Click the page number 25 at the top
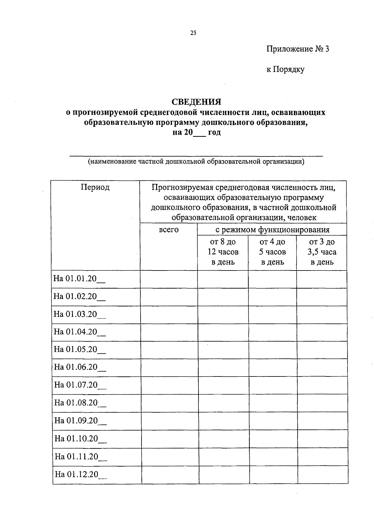[193, 33]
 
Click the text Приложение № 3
[298, 49]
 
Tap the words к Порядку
[285, 69]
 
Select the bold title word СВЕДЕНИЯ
[196, 102]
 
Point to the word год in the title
[214, 132]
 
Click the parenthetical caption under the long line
[196, 161]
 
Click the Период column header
[95, 187]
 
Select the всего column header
[169, 230]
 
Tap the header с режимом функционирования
[272, 230]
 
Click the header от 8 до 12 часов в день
[223, 252]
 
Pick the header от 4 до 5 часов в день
[272, 252]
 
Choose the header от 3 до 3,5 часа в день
[322, 252]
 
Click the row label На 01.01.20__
[79, 279]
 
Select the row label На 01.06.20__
[80, 367]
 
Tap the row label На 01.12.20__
[81, 475]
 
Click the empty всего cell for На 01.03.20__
[169, 314]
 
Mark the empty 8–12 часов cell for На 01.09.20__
[223, 421]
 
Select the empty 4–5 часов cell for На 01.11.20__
[273, 457]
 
